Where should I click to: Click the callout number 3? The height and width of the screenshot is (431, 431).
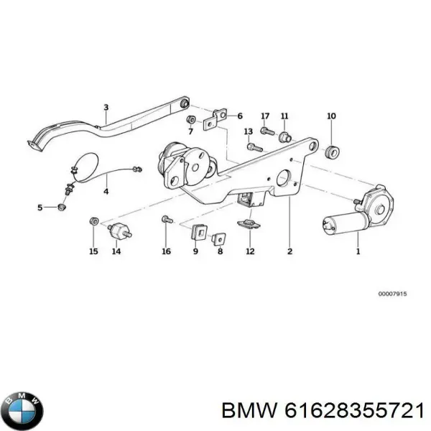106,108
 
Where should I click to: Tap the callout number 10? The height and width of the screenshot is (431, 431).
330,116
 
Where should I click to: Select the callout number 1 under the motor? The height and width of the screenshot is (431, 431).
357,251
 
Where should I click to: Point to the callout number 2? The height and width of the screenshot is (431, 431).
289,251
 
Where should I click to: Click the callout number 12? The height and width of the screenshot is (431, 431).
249,251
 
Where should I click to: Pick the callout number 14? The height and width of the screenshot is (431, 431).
116,251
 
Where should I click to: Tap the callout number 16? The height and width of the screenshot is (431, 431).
166,251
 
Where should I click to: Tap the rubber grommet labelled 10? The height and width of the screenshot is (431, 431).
333,152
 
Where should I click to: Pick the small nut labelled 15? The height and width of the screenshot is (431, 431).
93,221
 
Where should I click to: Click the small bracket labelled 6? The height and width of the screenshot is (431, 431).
215,117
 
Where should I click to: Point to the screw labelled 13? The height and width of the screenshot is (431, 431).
253,147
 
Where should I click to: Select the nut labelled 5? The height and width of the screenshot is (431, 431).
62,208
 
